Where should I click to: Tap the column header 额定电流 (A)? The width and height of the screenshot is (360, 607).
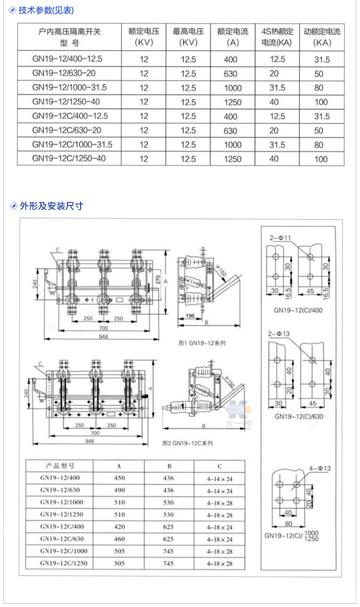pos(233,37)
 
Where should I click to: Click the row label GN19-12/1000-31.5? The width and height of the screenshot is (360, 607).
pos(70,88)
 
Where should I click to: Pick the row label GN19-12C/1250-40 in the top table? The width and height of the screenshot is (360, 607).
pos(69,158)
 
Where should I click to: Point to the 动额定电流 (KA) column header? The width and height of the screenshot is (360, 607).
pos(322,37)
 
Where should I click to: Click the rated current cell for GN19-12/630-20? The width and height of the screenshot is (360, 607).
pos(230,74)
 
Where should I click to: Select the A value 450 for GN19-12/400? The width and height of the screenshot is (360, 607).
pos(120,478)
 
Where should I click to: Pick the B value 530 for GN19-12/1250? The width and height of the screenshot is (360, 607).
pos(168,515)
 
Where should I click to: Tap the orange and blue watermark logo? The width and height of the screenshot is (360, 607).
pos(239,408)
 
